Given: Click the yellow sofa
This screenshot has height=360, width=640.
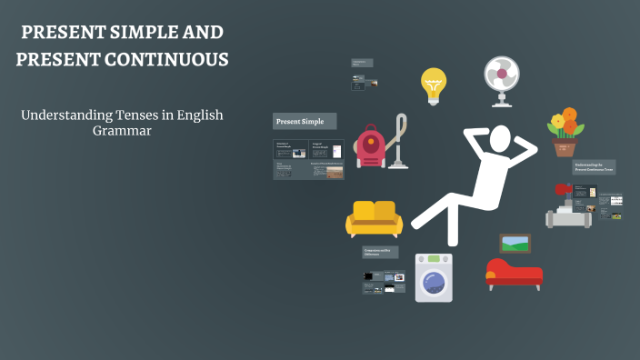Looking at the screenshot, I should point(373,219).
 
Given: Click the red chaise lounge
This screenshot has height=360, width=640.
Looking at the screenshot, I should point(514,274).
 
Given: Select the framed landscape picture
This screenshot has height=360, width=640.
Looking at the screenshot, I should point(515,243).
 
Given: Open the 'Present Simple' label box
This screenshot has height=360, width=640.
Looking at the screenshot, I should point(305,121).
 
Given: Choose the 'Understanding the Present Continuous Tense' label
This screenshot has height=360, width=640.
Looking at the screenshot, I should point(595,167).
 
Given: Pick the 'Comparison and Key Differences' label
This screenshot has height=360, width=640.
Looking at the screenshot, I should point(382,252).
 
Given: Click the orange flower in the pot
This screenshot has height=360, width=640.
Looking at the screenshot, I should point(569,115).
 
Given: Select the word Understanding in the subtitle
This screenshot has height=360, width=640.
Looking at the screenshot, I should point(59,115).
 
